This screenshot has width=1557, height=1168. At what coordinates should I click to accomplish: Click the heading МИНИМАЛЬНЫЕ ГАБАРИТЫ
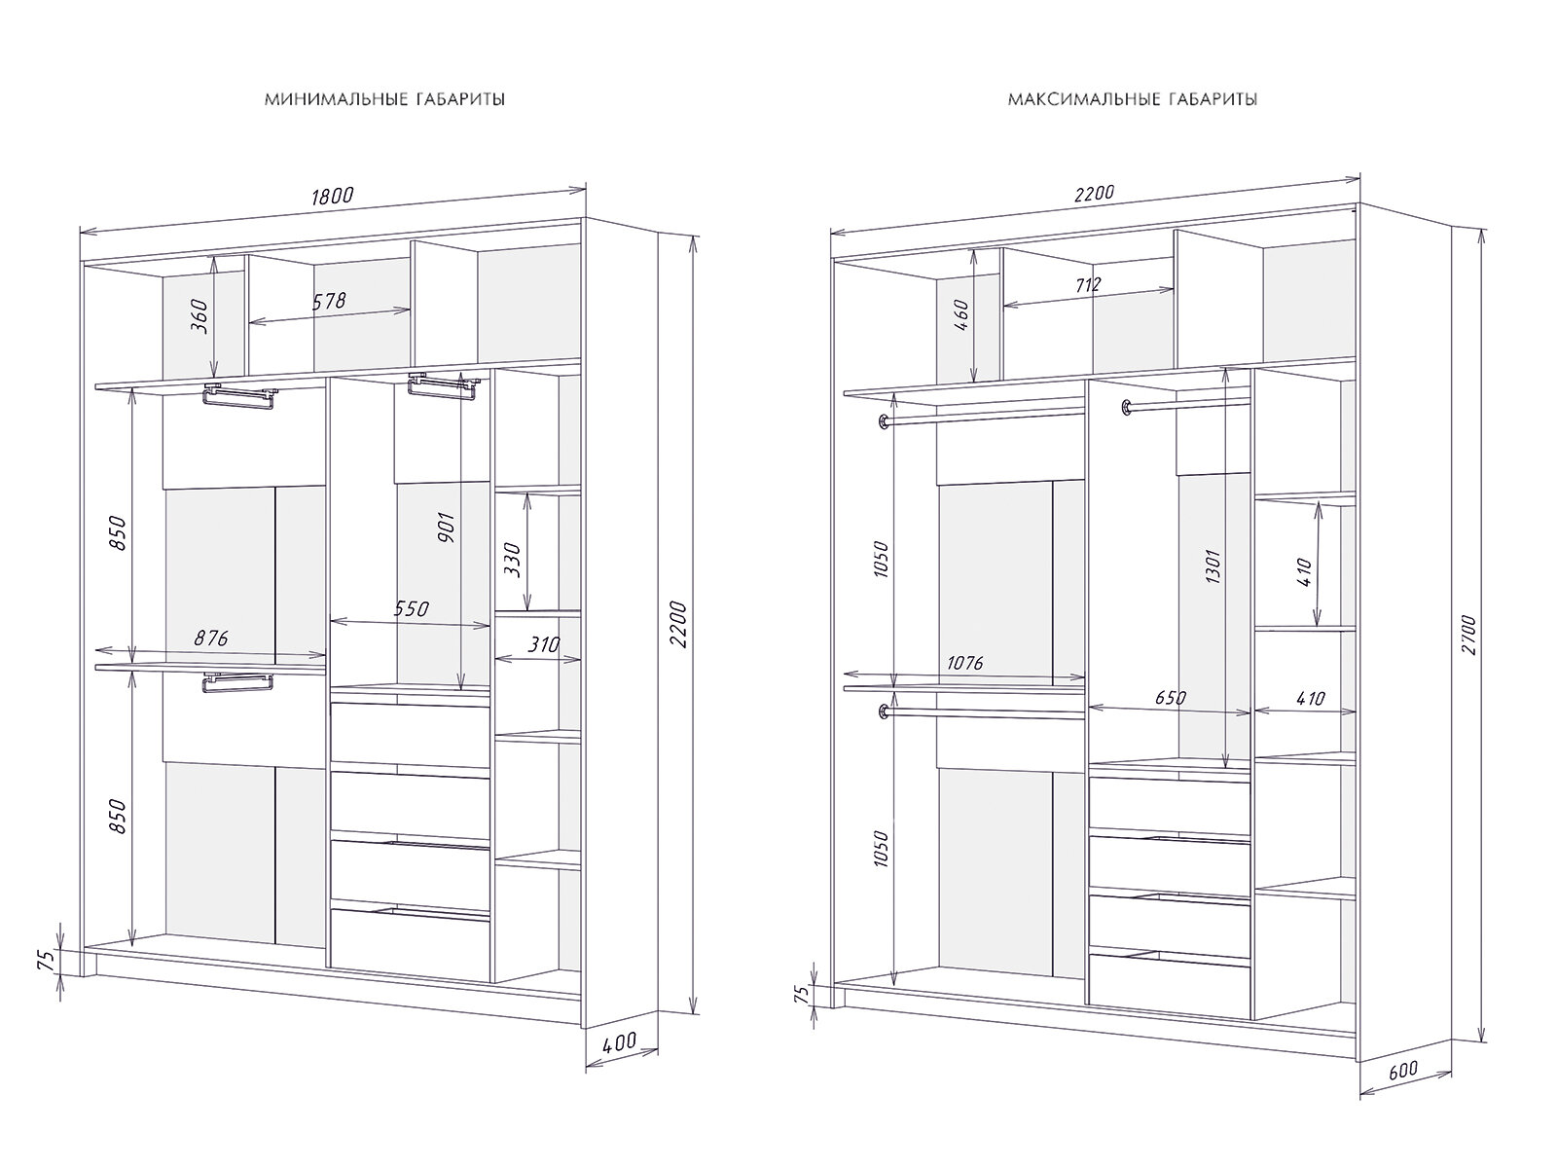(384, 99)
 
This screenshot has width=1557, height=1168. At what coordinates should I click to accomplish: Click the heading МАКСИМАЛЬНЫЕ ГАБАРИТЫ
(1133, 99)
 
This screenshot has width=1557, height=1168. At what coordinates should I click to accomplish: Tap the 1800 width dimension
(332, 196)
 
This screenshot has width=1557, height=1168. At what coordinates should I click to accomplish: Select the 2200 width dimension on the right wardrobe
(1093, 193)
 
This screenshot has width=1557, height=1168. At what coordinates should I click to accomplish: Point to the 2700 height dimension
(1468, 634)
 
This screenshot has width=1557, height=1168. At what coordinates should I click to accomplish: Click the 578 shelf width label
(328, 301)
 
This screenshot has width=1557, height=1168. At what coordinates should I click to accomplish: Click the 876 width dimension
(211, 639)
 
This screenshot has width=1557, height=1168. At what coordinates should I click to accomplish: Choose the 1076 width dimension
(964, 664)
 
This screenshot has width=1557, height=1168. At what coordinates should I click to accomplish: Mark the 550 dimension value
(411, 610)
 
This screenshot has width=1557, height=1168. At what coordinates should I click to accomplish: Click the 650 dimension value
(1170, 698)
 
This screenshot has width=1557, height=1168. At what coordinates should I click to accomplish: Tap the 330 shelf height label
(513, 561)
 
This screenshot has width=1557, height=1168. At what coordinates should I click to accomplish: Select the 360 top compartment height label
(199, 316)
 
